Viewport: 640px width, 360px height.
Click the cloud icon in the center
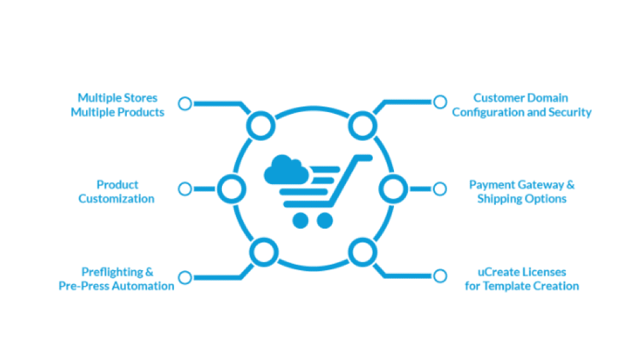(x=286, y=171)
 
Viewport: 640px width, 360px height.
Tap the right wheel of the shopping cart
(x=325, y=220)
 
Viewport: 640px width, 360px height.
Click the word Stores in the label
(x=137, y=98)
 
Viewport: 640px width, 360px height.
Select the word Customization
(x=117, y=199)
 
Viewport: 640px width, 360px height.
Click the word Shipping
(x=500, y=199)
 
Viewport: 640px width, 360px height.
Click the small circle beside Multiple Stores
(x=185, y=103)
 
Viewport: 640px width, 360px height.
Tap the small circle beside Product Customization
(x=185, y=189)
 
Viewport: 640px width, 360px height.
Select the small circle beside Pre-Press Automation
(x=185, y=277)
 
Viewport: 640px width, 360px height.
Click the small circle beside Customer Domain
(x=439, y=102)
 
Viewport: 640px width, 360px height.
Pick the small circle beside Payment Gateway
(x=439, y=189)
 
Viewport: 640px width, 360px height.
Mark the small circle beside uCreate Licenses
(x=439, y=276)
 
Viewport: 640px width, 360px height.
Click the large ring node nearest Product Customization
(x=231, y=189)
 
